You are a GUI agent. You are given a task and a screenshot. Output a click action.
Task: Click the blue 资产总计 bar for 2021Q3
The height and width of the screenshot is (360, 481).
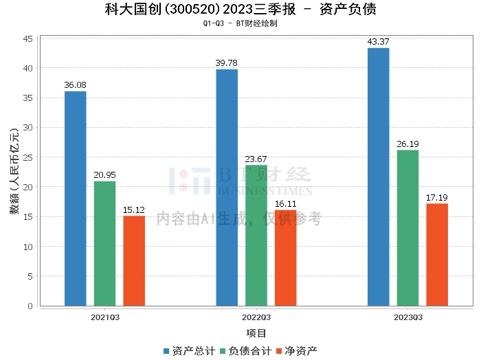coord(76,199)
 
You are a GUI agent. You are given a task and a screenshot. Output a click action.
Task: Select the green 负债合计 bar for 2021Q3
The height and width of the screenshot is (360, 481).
coord(105,243)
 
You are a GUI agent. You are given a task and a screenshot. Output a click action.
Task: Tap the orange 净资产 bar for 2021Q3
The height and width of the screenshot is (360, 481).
coord(134,260)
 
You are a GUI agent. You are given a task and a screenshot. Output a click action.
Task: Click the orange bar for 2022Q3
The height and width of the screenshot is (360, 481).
coord(285,258)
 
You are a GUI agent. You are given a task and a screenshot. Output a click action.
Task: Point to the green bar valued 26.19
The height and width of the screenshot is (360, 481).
coord(407,227)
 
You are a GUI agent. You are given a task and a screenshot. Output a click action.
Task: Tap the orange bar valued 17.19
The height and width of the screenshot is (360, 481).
coord(437,254)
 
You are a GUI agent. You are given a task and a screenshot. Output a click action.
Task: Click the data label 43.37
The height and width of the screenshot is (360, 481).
coord(378,42)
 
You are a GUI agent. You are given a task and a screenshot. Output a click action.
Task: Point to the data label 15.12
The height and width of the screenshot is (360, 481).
coord(134,210)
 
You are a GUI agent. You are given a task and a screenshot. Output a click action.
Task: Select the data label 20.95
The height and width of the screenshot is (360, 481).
coord(105,175)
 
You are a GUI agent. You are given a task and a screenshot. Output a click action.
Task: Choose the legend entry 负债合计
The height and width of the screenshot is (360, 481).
coord(245,350)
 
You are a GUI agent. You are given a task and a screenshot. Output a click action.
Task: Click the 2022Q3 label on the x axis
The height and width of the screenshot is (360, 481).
coord(256,317)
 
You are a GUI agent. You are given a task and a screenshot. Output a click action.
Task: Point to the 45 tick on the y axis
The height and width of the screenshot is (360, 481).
coord(29,38)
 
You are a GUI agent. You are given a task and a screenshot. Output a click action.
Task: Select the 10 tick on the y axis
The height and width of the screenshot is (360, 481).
coord(29,246)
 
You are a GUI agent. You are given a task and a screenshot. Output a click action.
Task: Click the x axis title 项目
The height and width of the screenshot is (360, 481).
coord(256,333)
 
